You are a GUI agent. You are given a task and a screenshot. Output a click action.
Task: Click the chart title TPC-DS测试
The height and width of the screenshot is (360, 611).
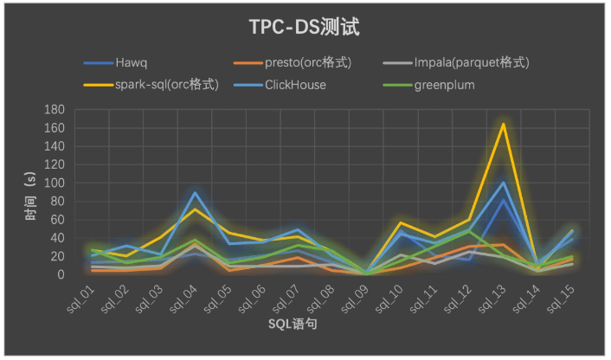click(x=304, y=27)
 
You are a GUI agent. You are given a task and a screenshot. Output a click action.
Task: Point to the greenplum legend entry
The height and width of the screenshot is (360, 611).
click(x=445, y=85)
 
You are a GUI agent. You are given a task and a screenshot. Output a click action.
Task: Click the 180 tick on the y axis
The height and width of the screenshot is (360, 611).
click(x=55, y=110)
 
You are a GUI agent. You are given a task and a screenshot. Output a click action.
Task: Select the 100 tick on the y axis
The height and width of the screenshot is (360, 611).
click(x=55, y=183)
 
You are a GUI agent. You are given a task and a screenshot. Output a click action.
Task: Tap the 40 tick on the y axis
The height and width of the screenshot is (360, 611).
click(x=58, y=239)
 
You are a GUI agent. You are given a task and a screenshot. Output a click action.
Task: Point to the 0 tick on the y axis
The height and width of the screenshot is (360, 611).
click(x=61, y=275)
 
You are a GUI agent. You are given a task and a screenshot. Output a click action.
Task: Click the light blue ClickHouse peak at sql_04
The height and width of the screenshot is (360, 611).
click(x=196, y=193)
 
